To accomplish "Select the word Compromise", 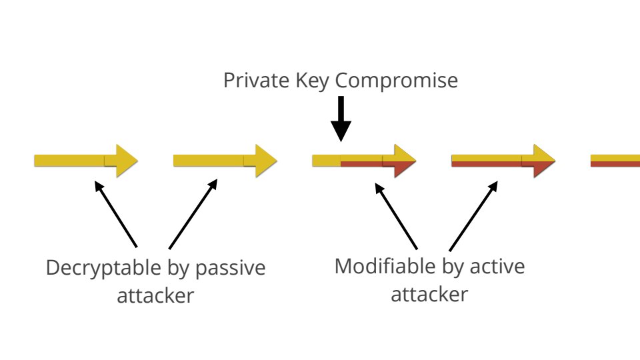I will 396,81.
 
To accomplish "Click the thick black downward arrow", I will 341,119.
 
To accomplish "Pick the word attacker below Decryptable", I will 155,295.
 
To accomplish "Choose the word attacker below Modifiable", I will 429,293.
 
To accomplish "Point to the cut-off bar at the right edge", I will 615,161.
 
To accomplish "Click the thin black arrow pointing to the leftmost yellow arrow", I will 116,214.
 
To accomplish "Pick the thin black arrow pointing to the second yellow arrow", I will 193,214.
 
